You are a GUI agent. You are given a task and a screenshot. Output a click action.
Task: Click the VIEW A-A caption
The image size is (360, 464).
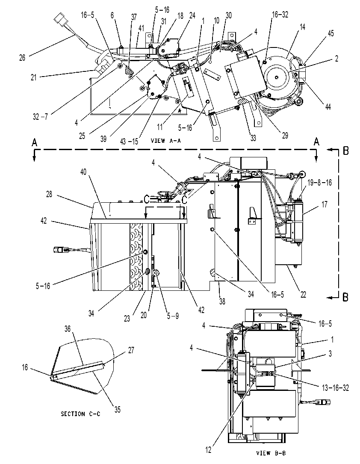[x=165, y=141]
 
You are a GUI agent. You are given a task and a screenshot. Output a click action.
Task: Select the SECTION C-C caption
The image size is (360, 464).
[x=80, y=414]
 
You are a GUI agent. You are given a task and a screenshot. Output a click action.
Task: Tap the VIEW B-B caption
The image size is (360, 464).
[x=271, y=453]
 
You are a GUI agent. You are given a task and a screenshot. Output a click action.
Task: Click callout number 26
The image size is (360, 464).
[x=23, y=57]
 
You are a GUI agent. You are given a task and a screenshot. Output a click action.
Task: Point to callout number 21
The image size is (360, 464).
[x=34, y=77]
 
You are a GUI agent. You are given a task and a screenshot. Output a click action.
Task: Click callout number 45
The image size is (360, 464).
[x=331, y=33]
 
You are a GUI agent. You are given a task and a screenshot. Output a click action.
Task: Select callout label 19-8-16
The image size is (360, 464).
[x=319, y=183]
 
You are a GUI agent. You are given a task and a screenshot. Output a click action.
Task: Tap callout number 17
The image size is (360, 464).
[x=325, y=204]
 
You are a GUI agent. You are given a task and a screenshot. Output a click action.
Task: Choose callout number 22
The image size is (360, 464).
[x=303, y=295]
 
